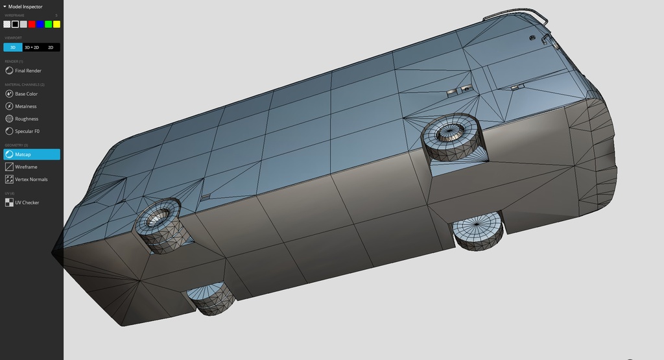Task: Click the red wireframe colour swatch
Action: pos(32,24)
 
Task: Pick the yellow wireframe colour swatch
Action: pos(57,24)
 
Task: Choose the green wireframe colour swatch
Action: pos(49,24)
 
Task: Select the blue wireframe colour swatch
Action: pos(40,24)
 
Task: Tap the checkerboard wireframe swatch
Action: pos(6,24)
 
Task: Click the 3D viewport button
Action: pos(12,47)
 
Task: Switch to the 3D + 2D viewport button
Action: pos(31,47)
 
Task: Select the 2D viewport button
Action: pos(51,47)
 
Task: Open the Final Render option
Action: pos(28,71)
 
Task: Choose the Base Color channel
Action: pos(26,94)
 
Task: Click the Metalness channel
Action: pos(26,106)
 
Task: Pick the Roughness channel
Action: pos(27,119)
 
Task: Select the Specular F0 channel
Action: pos(27,131)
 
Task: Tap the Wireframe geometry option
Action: pos(26,167)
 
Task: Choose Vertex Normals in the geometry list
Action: pos(31,179)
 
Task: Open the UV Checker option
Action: pos(27,202)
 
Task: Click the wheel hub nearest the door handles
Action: pos(447,133)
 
